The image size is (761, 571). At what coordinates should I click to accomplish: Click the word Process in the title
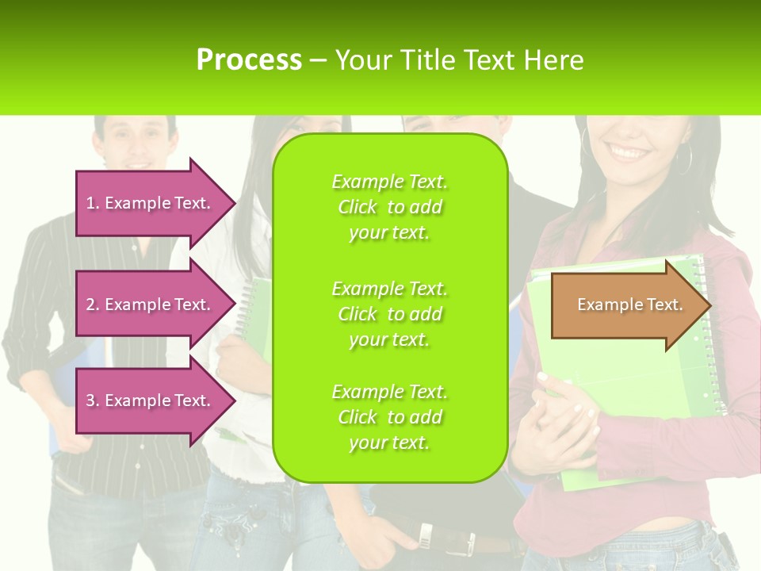(x=249, y=60)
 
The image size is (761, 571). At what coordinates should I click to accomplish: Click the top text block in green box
(x=389, y=207)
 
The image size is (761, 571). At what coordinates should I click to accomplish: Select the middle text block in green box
(x=389, y=314)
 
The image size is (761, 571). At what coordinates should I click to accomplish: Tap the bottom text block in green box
(x=389, y=417)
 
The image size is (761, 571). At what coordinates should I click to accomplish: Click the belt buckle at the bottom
(x=426, y=537)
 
